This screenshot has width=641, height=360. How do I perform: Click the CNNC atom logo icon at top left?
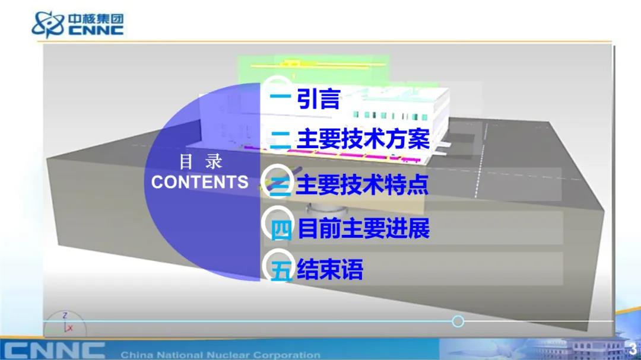click(x=48, y=24)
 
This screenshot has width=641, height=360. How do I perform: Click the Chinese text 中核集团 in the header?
click(x=96, y=19)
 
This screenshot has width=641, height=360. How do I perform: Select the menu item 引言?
click(x=319, y=98)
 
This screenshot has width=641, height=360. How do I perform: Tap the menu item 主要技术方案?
click(x=363, y=139)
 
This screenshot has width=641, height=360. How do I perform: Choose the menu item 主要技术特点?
click(x=362, y=184)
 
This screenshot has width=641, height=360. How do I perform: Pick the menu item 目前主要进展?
click(x=364, y=228)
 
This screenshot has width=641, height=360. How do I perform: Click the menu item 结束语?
click(x=330, y=269)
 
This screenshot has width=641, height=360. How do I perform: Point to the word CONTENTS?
click(x=200, y=182)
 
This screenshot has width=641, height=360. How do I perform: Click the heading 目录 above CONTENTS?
click(x=201, y=162)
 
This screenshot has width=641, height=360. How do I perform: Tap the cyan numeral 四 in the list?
click(x=281, y=230)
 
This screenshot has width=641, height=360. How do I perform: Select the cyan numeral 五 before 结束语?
click(x=282, y=270)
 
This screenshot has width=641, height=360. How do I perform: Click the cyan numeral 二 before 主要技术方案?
click(x=280, y=140)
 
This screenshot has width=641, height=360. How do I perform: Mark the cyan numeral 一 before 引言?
click(x=280, y=97)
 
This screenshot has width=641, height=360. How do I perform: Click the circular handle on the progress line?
click(x=458, y=321)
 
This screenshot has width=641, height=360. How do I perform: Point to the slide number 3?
click(x=633, y=349)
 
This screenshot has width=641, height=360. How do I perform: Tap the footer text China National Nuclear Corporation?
click(x=220, y=355)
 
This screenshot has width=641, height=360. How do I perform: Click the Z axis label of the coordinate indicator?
click(x=65, y=316)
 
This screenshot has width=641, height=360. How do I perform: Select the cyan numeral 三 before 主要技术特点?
click(x=280, y=186)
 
